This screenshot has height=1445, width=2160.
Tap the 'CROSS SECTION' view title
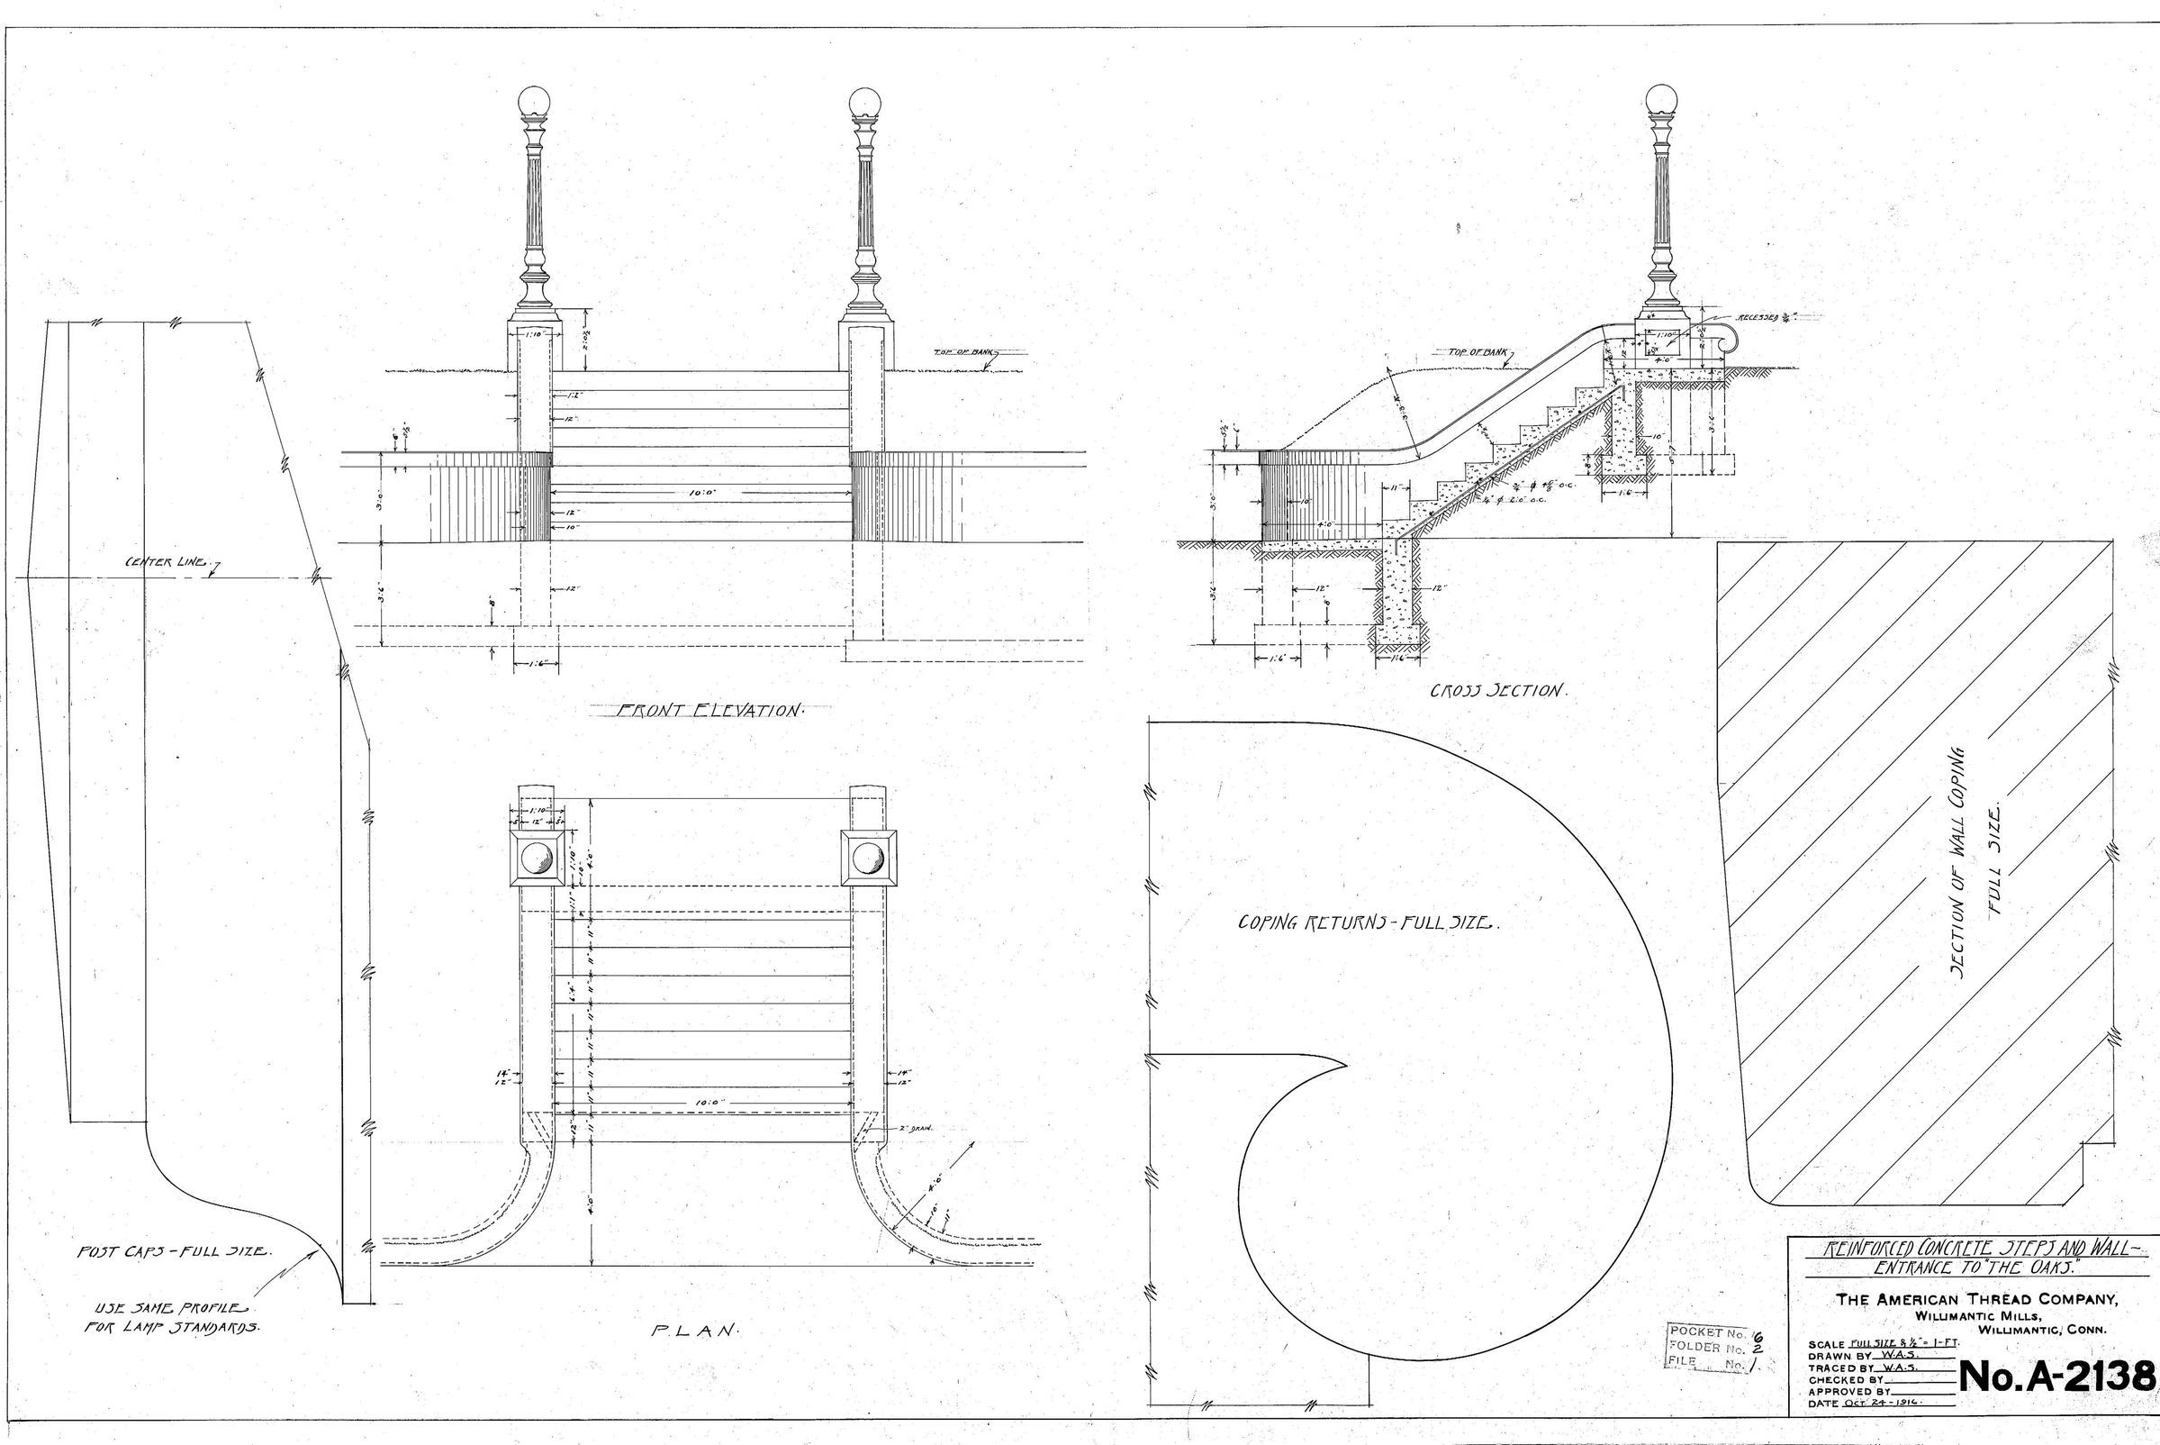coord(1496,690)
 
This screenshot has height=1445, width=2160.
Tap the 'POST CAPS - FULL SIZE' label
coord(174,1252)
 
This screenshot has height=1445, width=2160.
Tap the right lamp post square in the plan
coord(868,859)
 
